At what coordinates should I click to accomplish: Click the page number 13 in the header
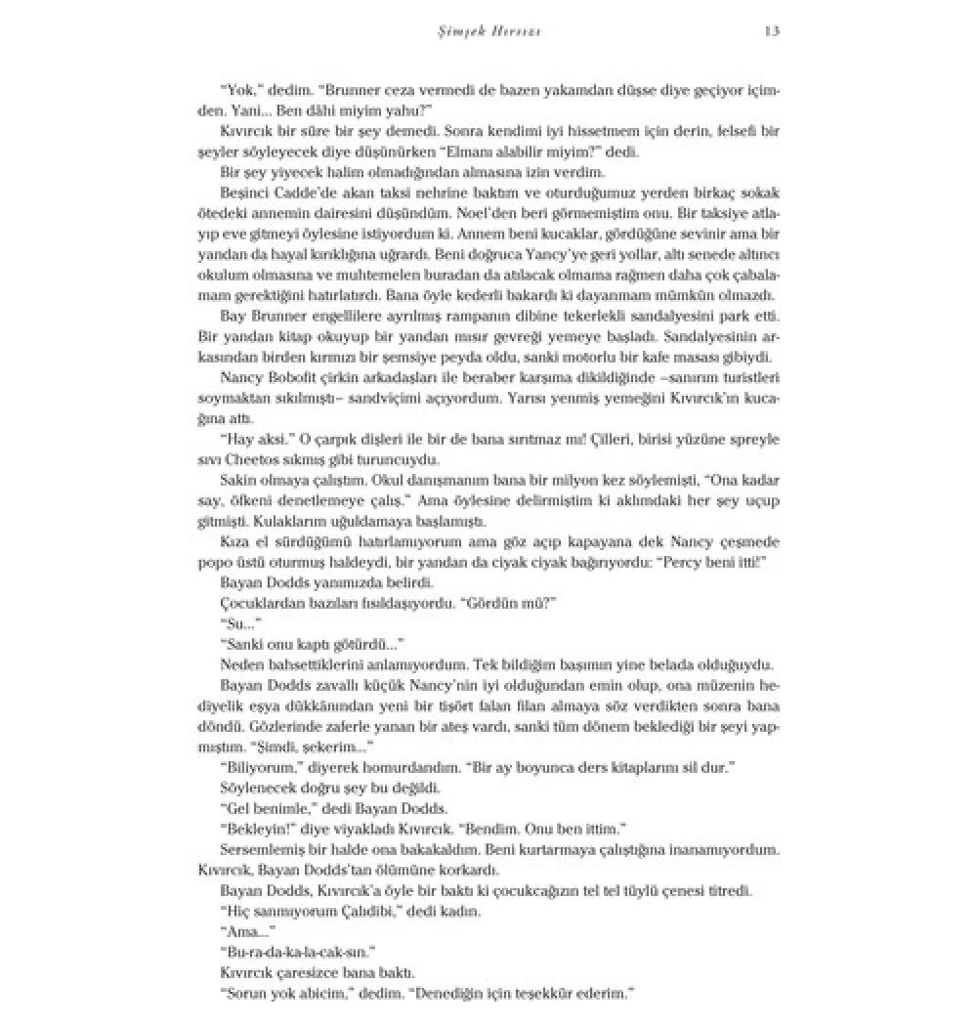[x=771, y=31]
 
